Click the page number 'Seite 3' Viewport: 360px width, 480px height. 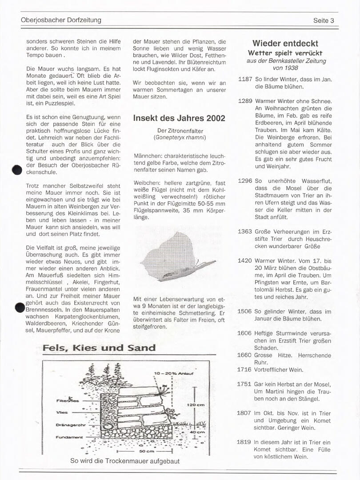[x=324, y=20]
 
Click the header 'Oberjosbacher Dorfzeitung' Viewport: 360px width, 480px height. [x=61, y=20]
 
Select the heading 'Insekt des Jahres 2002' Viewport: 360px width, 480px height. [x=179, y=118]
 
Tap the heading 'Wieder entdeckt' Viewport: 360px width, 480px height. [x=285, y=44]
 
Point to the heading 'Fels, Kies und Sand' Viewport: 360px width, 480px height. [x=99, y=348]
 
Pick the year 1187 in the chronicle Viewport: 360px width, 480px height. [x=245, y=79]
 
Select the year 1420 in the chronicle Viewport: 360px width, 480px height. [x=245, y=260]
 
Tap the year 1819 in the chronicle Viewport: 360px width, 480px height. [x=244, y=442]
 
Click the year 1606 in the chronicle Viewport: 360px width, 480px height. [x=244, y=332]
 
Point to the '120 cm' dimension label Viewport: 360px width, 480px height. [x=196, y=405]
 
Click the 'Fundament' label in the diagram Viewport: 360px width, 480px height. [x=69, y=437]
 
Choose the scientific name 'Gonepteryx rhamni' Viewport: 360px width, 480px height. [x=180, y=137]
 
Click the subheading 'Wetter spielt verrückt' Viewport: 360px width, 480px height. [x=285, y=53]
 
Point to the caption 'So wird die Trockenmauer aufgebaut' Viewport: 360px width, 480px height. [x=125, y=461]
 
